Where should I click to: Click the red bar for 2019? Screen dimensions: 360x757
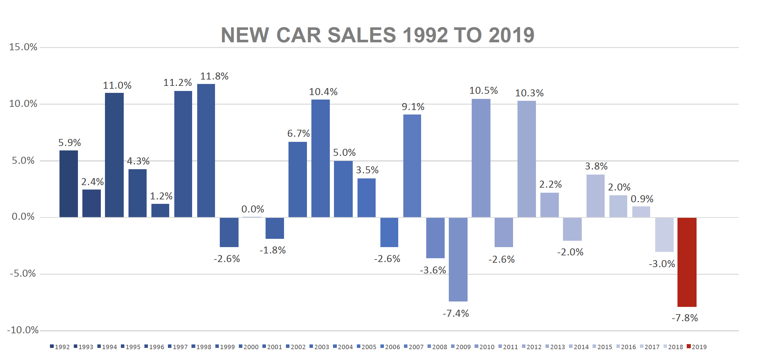click(x=687, y=262)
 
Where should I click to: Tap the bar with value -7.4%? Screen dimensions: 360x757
click(x=458, y=259)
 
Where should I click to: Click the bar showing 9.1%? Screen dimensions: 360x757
click(x=412, y=166)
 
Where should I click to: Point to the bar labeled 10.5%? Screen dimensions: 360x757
click(x=481, y=158)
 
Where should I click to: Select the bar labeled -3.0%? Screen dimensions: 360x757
click(x=664, y=235)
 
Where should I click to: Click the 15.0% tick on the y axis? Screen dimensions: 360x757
click(x=23, y=47)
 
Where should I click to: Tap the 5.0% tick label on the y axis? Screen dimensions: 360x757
click(x=23, y=161)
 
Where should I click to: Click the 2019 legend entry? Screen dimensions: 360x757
click(x=697, y=347)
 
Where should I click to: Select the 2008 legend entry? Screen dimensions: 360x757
click(x=437, y=347)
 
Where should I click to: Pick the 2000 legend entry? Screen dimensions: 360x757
click(x=248, y=347)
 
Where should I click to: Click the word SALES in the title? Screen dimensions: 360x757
click(x=362, y=35)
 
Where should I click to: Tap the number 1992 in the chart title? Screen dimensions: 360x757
click(x=425, y=35)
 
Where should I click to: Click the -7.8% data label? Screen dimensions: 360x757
click(x=684, y=318)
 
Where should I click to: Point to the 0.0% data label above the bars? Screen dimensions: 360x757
click(x=253, y=209)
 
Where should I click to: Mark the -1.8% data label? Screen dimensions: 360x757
click(x=273, y=250)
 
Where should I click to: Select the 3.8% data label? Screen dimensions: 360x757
click(x=596, y=166)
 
